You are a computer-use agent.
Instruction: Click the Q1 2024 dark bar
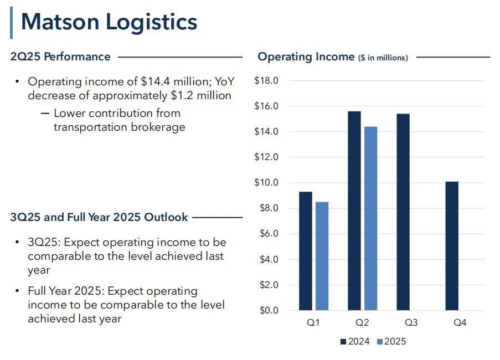[305, 251]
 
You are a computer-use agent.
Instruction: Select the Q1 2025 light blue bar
[322, 256]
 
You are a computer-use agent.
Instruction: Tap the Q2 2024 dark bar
[354, 210]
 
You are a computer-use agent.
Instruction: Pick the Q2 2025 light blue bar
[370, 218]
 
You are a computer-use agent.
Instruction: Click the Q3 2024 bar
[403, 212]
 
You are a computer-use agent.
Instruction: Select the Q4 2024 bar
[451, 246]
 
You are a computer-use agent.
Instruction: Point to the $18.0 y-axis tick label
[266, 81]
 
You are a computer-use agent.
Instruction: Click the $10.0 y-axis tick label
[266, 183]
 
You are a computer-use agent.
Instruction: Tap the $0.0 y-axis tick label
[268, 310]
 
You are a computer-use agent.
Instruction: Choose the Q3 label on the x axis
[411, 322]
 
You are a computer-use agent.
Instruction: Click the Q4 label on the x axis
[460, 322]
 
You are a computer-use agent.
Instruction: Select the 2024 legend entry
[354, 342]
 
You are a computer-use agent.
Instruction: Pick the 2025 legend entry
[391, 342]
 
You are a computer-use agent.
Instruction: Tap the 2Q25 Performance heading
[60, 56]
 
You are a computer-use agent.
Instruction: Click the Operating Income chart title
[306, 56]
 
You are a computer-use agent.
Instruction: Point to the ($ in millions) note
[383, 58]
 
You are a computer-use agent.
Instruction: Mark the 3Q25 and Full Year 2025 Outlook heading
[99, 217]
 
